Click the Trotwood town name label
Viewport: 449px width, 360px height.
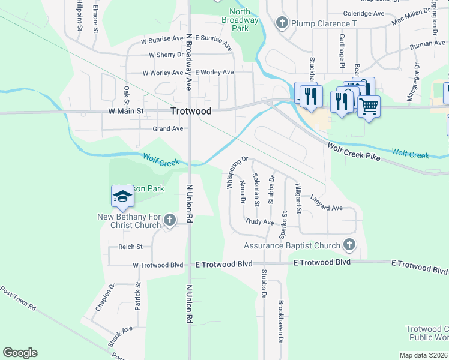(191, 111)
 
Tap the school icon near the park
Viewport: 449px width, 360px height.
(122, 196)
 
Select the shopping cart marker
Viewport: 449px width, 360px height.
(369, 107)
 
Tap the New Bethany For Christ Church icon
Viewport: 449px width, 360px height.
(169, 220)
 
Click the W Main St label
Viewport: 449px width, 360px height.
(126, 111)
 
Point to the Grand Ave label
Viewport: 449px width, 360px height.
(168, 128)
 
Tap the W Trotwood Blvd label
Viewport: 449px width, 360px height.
(158, 265)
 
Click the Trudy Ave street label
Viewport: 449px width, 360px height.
(259, 222)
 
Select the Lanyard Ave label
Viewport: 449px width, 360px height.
(326, 204)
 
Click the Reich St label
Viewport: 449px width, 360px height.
(130, 247)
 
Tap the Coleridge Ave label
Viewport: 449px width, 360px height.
(364, 13)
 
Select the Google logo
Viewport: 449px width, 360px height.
(20, 352)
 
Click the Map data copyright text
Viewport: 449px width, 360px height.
(423, 355)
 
